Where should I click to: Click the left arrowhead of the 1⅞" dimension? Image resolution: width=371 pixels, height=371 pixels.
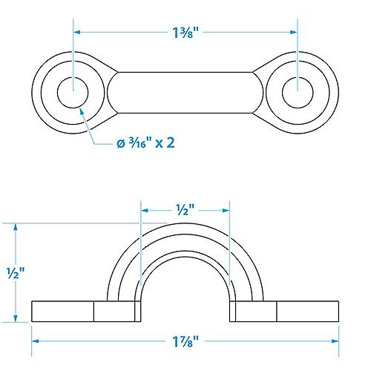(36, 342)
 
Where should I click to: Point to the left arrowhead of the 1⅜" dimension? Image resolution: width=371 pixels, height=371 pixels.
(77, 32)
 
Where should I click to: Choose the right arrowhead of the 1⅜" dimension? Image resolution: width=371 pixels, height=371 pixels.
(294, 32)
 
